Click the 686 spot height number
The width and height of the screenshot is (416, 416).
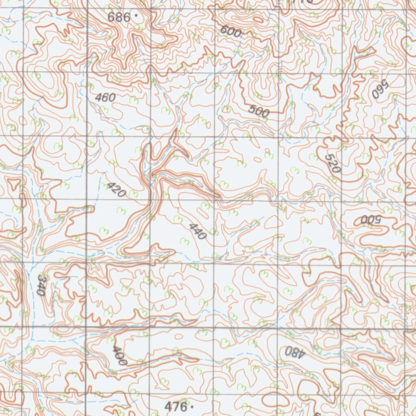119,17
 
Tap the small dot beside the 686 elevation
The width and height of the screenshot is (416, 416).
136,16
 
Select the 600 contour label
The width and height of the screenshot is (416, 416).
231,31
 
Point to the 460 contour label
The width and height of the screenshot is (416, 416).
105,97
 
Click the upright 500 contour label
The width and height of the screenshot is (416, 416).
258,110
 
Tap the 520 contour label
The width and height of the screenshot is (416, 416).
332,163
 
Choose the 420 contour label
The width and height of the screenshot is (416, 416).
116,190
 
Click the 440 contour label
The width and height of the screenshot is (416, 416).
198,231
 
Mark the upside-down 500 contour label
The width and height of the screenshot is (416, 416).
370,220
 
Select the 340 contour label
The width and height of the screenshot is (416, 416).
41,284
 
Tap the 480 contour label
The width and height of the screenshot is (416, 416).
295,352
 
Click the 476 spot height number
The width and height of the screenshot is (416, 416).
175,406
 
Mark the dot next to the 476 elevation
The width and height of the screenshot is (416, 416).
192,406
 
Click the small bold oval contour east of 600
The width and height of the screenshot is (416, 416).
258,19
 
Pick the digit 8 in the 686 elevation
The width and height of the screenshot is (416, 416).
119,17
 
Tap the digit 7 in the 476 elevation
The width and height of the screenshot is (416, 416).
175,406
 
